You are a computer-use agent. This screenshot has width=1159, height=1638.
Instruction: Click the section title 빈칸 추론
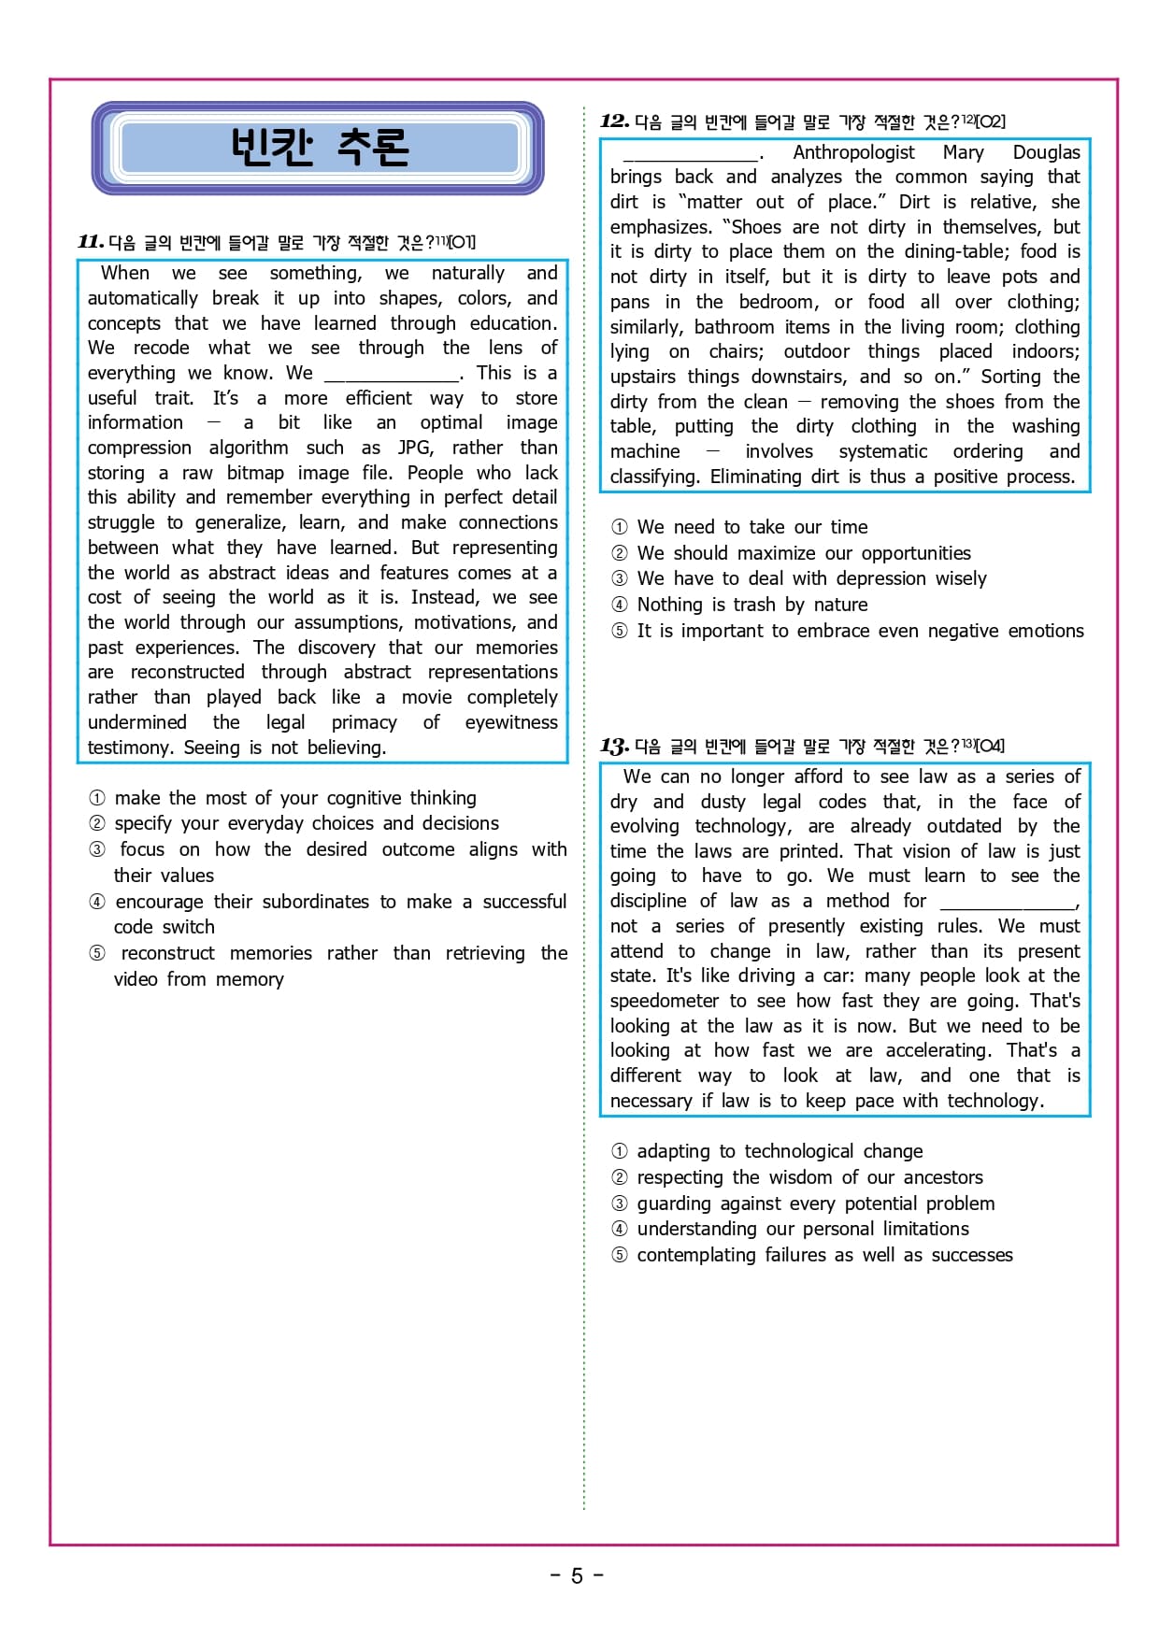319,147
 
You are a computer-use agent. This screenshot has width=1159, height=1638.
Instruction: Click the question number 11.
91,242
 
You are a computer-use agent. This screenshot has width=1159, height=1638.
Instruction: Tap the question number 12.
614,121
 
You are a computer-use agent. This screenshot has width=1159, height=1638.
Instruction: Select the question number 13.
614,746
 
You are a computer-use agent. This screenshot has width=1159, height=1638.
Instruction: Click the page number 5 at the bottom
577,1575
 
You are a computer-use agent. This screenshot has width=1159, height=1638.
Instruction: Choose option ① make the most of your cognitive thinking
294,798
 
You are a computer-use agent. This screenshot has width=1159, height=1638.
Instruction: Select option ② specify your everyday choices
306,823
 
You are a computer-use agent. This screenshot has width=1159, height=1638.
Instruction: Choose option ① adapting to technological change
779,1151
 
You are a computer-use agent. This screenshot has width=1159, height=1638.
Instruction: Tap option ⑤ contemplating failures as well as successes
823,1255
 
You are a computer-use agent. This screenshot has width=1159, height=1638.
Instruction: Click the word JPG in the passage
414,448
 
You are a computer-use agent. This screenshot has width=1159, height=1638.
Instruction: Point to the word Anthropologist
853,152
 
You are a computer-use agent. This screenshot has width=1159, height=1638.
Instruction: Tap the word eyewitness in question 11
510,722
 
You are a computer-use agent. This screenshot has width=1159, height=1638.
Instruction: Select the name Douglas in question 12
1046,152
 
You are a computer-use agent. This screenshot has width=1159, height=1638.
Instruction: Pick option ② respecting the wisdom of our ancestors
808,1177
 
